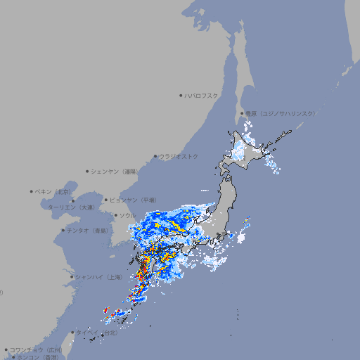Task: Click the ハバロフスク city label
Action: pos(202,95)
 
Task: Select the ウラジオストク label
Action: pos(179,156)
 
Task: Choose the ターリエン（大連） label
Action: pos(70,207)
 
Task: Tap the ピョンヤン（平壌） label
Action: pos(134,200)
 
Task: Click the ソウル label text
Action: pos(127,215)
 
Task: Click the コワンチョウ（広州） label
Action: pos(35,349)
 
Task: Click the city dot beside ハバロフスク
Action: pos(181,95)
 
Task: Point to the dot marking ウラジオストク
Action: pos(155,156)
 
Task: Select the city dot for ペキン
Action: pos(32,191)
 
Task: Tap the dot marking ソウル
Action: pos(115,215)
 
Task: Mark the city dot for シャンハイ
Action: pos(72,277)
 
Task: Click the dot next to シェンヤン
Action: pos(87,171)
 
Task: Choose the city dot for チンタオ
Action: pos(63,230)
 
